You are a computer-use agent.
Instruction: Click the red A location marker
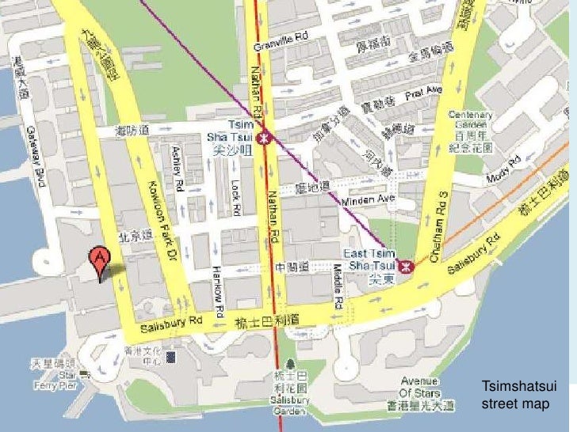pyautogui.click(x=99, y=262)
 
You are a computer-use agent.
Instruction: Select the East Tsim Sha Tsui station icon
pyautogui.click(x=407, y=267)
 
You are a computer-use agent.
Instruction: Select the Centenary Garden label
pyautogui.click(x=472, y=119)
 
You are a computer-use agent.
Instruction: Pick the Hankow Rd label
pyautogui.click(x=218, y=288)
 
